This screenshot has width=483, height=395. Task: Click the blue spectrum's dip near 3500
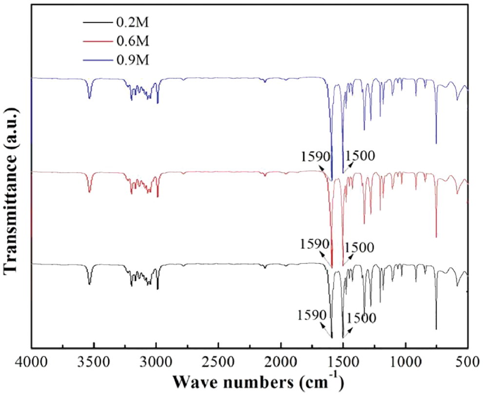(89, 98)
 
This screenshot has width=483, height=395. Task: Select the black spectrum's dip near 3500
(89, 284)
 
